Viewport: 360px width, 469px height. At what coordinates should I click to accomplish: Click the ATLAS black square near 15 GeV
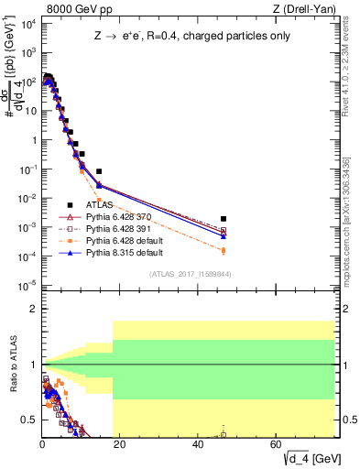99,171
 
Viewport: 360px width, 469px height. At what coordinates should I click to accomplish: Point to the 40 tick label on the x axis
198,444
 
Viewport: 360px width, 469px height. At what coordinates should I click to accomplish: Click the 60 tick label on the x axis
276,444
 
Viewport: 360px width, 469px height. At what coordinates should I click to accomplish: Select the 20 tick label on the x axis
120,444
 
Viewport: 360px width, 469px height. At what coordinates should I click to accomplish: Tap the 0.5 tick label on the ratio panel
28,420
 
